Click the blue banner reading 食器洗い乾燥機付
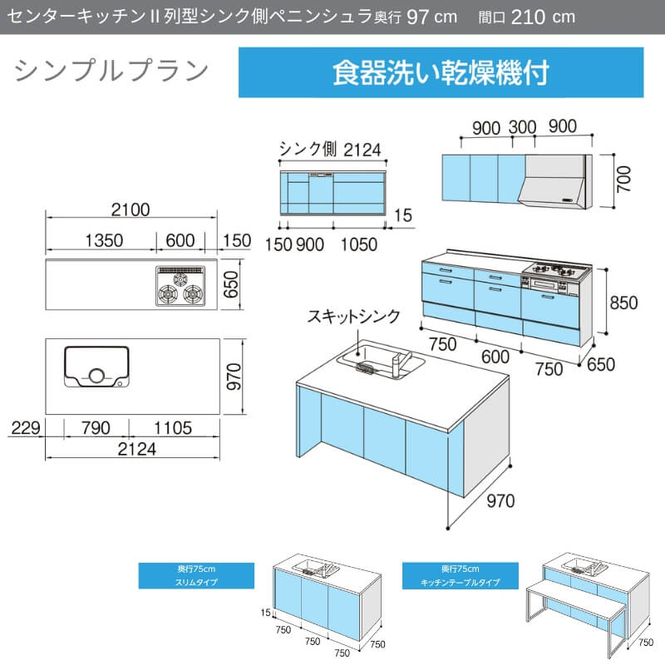pos(441,72)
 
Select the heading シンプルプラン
pos(111,71)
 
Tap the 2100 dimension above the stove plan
pos(131,210)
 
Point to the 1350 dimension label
pos(105,240)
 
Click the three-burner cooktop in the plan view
pos(180,286)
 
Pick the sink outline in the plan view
pos(96,367)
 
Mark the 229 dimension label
pos(26,428)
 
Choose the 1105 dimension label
pos(173,428)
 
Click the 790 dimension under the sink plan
pos(96,428)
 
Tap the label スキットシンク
pos(354,317)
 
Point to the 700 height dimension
pos(624,179)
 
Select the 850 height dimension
pos(623,303)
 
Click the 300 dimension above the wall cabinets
pos(523,127)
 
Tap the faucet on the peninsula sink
pos(400,362)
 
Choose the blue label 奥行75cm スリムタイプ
pos(196,575)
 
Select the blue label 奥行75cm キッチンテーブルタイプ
pos(461,575)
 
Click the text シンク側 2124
pos(330,150)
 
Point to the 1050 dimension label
pos(359,244)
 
